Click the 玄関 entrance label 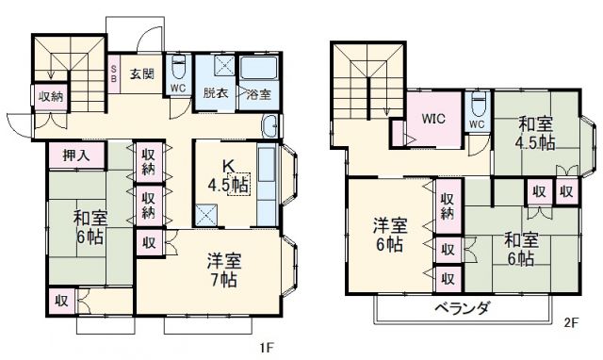click(142, 72)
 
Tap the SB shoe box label click(114, 73)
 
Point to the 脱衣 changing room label click(216, 93)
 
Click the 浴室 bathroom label click(258, 93)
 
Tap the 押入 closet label click(77, 156)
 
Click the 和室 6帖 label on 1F click(91, 226)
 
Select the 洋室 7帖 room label click(224, 268)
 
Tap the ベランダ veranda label click(462, 309)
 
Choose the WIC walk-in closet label click(433, 120)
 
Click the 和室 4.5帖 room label click(533, 133)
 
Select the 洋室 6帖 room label click(388, 235)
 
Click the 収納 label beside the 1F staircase click(51, 95)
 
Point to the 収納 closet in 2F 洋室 click(448, 205)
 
